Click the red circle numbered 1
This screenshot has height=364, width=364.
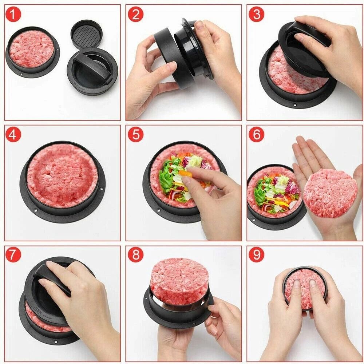point(14,14)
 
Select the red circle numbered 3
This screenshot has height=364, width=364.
point(257,14)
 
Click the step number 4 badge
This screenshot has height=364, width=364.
point(14,135)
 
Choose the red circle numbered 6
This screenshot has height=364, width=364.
point(257,135)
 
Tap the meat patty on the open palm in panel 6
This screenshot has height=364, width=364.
point(330,193)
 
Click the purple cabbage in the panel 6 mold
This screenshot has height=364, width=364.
point(292,187)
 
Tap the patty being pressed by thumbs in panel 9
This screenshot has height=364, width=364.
point(305,288)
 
